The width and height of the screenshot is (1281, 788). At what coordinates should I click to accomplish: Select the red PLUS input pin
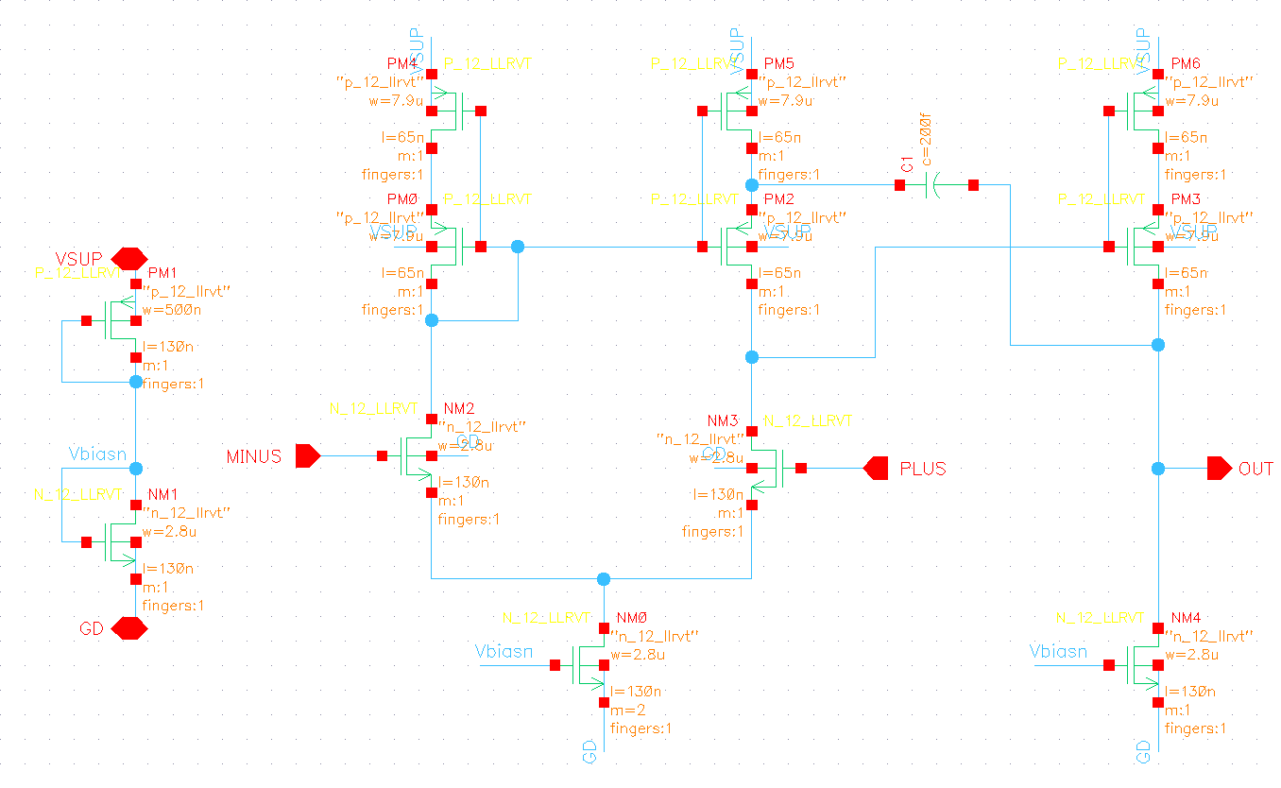876,468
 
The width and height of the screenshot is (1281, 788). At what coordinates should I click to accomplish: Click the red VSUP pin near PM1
129,257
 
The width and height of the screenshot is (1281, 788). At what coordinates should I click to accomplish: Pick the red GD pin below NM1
128,627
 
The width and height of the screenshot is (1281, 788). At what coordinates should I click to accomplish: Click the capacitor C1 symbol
934,185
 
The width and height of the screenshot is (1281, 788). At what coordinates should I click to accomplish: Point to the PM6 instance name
1186,63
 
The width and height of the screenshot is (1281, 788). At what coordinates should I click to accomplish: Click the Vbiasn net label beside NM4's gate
1058,652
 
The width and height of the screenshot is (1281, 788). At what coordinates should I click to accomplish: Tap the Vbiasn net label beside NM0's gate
504,652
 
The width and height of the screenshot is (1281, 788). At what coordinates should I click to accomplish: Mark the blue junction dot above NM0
605,578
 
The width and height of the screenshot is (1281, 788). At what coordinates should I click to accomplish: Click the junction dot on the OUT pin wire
1158,468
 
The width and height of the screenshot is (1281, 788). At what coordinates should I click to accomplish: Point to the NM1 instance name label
164,494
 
